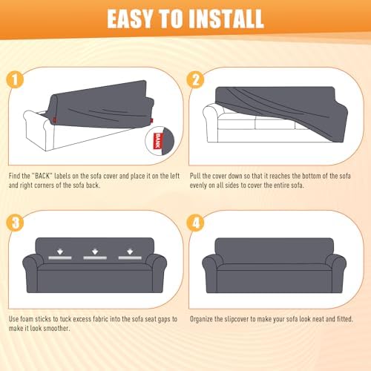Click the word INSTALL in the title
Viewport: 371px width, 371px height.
coord(226,19)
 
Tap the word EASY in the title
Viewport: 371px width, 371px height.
coord(130,19)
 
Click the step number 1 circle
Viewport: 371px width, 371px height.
coord(15,79)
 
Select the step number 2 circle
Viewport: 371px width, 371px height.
coord(195,79)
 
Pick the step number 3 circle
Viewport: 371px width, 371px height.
coord(15,223)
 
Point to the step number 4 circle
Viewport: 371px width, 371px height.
coord(195,223)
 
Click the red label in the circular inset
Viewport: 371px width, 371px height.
coord(158,141)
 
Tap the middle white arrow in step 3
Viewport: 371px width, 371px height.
coord(95,252)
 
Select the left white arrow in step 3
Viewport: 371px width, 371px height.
coord(60,252)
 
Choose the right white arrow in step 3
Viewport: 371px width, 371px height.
coord(130,252)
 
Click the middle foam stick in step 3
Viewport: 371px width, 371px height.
coord(95,257)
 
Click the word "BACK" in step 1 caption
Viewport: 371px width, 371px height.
coord(42,176)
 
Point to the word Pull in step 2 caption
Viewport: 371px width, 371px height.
coord(195,176)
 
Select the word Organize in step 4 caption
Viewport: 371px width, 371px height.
coord(201,319)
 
